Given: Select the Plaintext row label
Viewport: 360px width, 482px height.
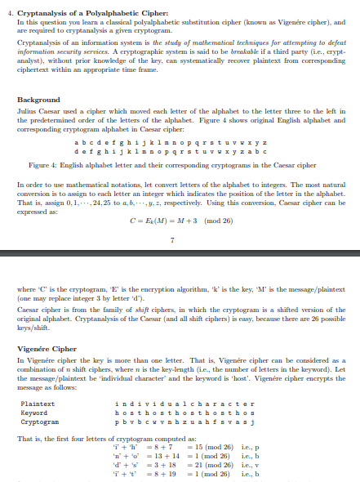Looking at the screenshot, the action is click(38, 403).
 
